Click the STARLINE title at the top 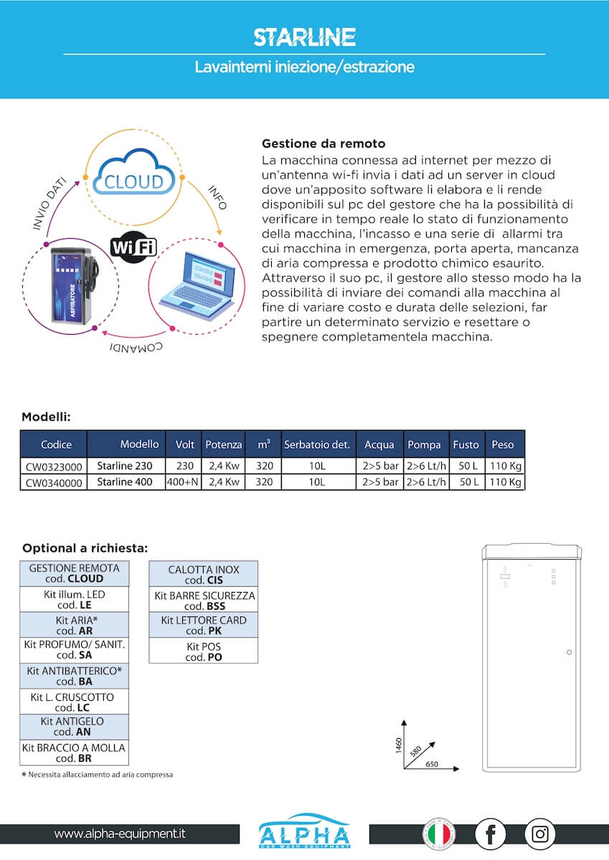pyautogui.click(x=304, y=37)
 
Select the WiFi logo pyautogui.click(x=133, y=247)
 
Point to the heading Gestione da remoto pyautogui.click(x=324, y=143)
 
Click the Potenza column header pyautogui.click(x=223, y=444)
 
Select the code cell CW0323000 pyautogui.click(x=54, y=467)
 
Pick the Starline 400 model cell pyautogui.click(x=125, y=482)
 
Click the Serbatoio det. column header pyautogui.click(x=316, y=444)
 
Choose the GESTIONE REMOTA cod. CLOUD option pyautogui.click(x=74, y=573)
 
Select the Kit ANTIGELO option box pyautogui.click(x=74, y=727)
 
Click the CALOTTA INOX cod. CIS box pyautogui.click(x=204, y=575)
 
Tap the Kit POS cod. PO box pyautogui.click(x=204, y=651)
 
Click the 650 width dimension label pyautogui.click(x=432, y=765)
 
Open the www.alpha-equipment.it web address pyautogui.click(x=120, y=833)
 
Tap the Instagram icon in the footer pyautogui.click(x=539, y=834)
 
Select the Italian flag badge pyautogui.click(x=438, y=834)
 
